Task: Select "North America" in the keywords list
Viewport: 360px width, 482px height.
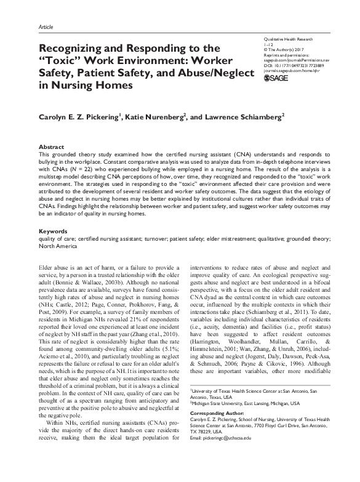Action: pos(58,245)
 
